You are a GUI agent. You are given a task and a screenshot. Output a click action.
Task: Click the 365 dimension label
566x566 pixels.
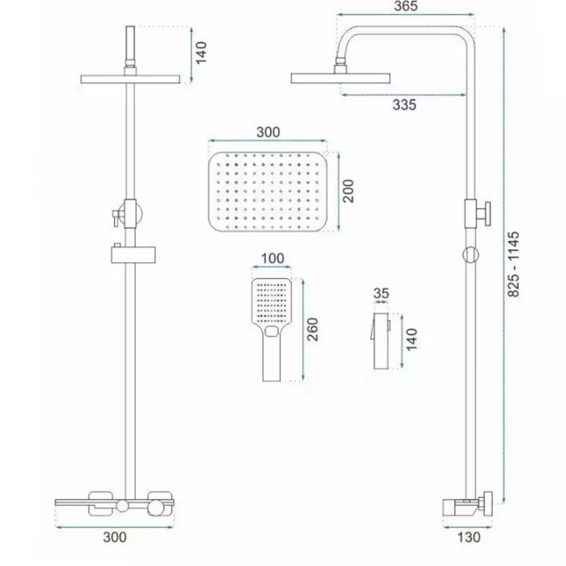coord(406,6)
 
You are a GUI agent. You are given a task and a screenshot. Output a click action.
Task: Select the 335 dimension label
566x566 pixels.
coord(404,105)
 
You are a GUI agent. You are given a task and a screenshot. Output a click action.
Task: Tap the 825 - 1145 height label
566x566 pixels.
coord(513,264)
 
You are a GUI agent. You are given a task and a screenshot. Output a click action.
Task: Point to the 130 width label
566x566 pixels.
coord(469,537)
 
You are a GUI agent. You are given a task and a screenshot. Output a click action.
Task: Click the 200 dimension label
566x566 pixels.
coord(348,191)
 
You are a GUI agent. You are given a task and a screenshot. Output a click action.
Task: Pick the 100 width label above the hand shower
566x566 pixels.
coord(272,258)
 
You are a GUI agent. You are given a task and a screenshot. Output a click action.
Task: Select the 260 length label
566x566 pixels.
coord(312,329)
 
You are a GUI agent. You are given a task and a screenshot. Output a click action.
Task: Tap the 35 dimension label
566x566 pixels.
coord(381,293)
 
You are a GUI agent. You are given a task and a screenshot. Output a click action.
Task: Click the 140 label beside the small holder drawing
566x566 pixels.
coord(412,340)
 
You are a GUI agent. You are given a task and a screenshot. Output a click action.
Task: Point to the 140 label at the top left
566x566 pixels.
coord(201,53)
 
